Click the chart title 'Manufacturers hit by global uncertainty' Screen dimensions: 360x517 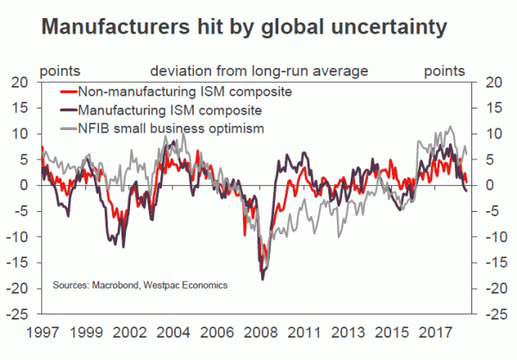[x=243, y=27]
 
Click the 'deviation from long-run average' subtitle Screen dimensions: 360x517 [x=259, y=70]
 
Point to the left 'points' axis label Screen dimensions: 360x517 [x=59, y=70]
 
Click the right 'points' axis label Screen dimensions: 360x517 [x=445, y=70]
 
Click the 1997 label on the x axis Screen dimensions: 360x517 [x=42, y=330]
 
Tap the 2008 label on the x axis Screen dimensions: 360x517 [x=259, y=330]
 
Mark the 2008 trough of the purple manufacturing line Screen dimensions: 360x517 [x=263, y=279]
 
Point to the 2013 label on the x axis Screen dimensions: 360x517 [x=355, y=330]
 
